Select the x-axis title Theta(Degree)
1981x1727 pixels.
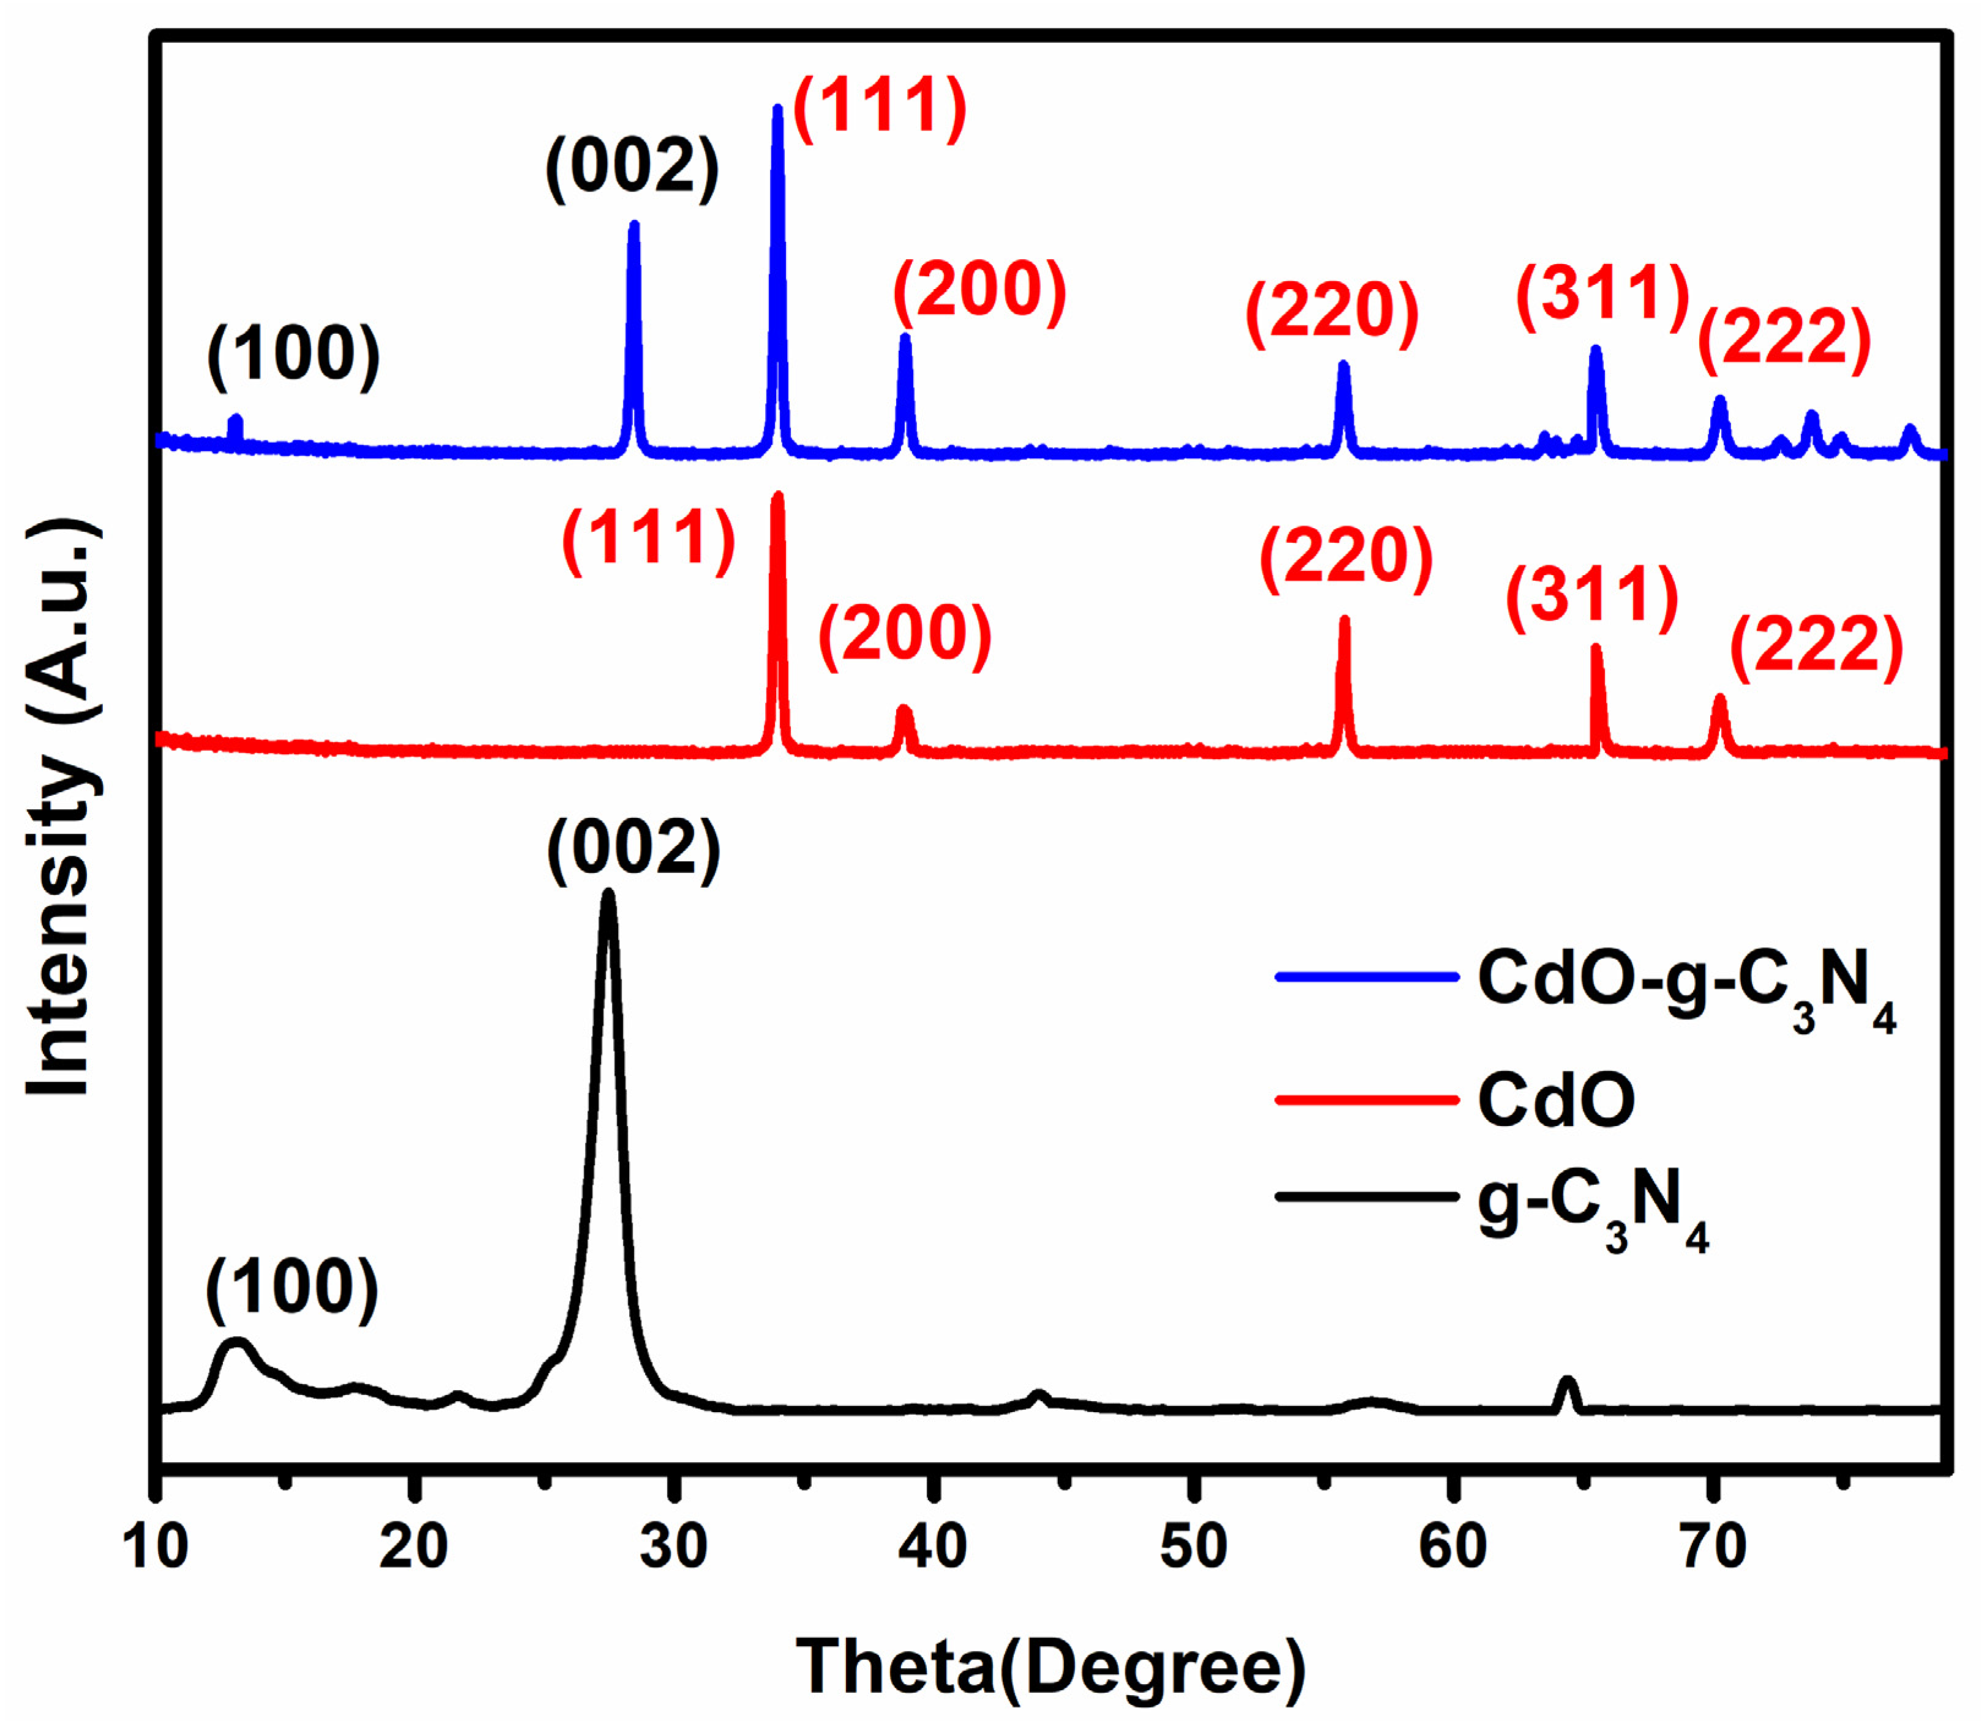pos(1051,1669)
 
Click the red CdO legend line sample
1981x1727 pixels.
pos(1366,1100)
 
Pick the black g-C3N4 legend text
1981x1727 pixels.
pos(1594,1206)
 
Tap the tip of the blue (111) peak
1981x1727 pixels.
pos(777,108)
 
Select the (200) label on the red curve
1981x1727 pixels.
pos(905,635)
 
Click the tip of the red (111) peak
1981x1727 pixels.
pos(779,496)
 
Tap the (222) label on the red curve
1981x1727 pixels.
pos(1817,647)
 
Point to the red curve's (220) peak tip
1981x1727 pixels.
pos(1344,620)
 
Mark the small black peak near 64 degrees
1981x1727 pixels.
pos(1568,1383)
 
